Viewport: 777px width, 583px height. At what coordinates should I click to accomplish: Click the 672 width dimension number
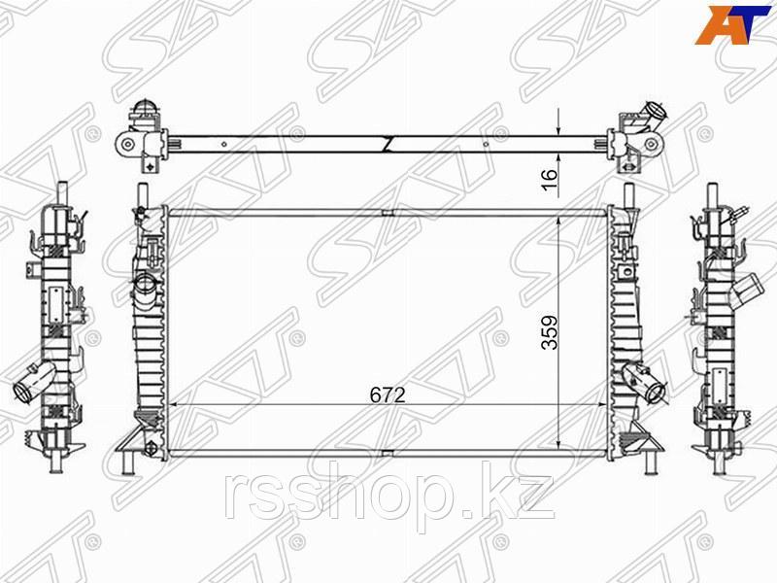click(x=388, y=394)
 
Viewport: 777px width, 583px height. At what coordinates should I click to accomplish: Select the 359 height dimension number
click(x=550, y=332)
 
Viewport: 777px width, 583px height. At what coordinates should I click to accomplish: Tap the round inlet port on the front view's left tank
click(x=145, y=285)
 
